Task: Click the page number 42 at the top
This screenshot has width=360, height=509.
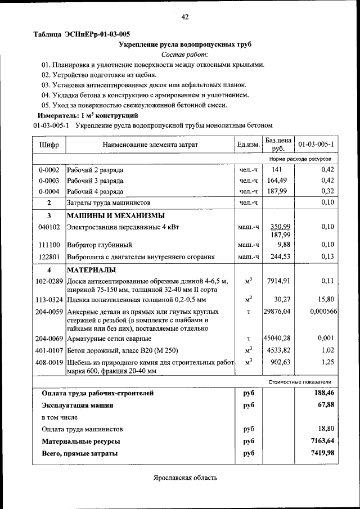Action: [x=185, y=17]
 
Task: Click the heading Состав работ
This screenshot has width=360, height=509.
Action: [x=184, y=54]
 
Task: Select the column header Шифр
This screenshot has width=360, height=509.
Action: [x=49, y=145]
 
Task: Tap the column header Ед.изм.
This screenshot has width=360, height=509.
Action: [x=248, y=145]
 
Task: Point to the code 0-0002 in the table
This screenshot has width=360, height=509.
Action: [x=48, y=170]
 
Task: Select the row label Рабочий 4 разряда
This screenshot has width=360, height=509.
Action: [x=96, y=191]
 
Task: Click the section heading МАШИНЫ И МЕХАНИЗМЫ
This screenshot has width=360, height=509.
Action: [x=116, y=215]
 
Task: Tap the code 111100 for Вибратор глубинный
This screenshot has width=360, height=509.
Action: [x=48, y=245]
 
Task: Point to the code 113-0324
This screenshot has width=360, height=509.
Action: [x=48, y=299]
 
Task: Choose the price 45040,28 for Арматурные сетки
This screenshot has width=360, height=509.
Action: [x=277, y=338]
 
